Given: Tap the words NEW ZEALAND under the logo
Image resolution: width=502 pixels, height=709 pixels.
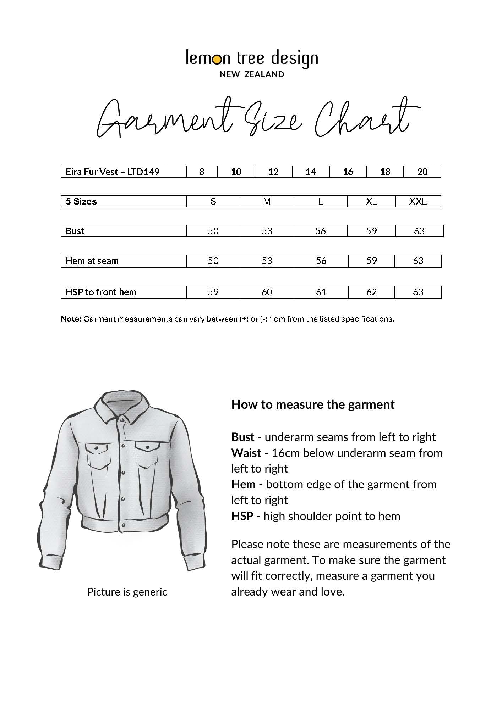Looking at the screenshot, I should click(252, 74).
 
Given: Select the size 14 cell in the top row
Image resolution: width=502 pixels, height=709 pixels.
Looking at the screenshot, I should click(311, 172).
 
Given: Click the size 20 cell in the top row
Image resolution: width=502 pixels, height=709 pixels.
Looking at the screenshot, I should click(422, 172).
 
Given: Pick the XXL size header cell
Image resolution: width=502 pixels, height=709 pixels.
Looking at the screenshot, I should click(418, 201).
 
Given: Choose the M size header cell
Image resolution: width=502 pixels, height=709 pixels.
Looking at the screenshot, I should click(267, 201).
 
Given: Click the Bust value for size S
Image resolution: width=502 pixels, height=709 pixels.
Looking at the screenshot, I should click(213, 231).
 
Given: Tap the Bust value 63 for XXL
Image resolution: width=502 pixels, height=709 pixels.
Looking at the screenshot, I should click(419, 231).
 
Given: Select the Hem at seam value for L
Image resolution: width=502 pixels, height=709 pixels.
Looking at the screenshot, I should click(321, 261).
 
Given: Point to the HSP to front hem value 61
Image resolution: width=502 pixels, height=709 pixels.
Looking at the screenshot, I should click(321, 292).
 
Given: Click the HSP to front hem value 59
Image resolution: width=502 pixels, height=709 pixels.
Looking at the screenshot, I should click(213, 292).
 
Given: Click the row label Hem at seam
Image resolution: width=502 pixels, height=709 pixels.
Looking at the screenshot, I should click(92, 261).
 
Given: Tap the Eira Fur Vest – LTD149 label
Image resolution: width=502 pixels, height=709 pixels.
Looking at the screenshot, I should click(113, 172).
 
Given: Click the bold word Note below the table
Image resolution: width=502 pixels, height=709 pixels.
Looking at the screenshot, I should click(71, 319).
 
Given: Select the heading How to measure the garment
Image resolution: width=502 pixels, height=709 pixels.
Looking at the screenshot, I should click(313, 404).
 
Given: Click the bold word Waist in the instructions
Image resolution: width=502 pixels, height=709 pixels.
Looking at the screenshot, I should click(246, 453).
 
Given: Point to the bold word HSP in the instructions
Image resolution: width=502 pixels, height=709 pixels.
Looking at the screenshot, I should click(242, 516).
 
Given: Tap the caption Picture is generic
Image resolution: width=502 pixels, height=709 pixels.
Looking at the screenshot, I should click(127, 592).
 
